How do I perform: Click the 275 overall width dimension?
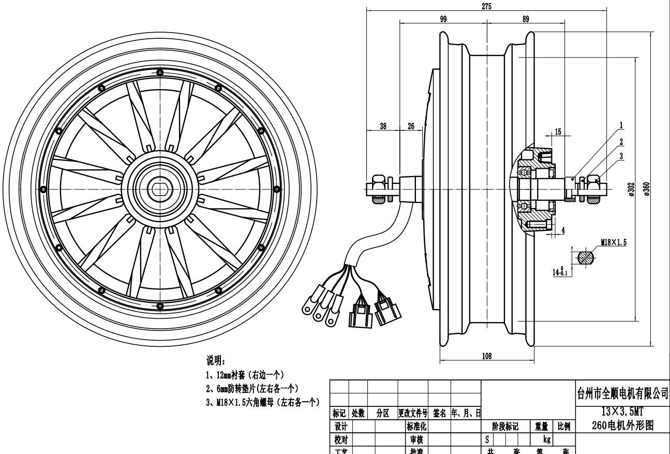[x=486, y=6]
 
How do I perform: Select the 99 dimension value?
[x=443, y=19]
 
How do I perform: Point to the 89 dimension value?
[x=526, y=19]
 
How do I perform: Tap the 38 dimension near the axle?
[x=383, y=126]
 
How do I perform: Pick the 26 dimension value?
[x=411, y=126]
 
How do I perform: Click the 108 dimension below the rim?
[x=486, y=356]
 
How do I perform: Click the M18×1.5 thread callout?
[x=614, y=242]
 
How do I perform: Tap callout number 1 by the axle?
[x=621, y=125]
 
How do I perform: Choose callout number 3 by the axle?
[x=621, y=155]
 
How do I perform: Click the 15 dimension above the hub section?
[x=558, y=131]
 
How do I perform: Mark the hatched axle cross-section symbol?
[x=585, y=257]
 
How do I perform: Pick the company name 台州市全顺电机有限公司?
[x=622, y=394]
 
